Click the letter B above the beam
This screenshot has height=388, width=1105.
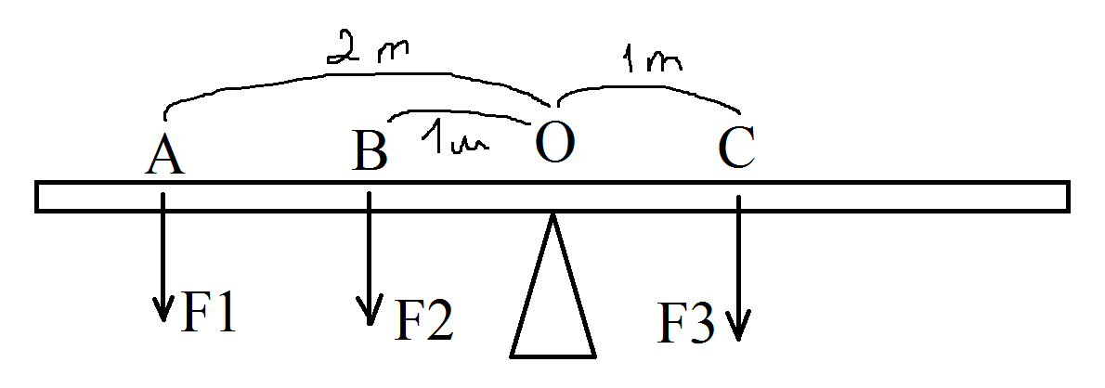tap(370, 150)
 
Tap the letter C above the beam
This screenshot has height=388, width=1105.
tap(736, 149)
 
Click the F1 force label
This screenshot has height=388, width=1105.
tap(210, 313)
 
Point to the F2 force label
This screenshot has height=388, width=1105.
tap(424, 320)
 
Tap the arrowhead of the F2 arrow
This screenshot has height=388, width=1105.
tap(370, 317)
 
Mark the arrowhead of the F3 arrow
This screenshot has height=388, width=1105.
tap(738, 330)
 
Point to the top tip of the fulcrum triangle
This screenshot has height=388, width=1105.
tap(553, 217)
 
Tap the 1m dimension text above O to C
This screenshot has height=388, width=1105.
tap(649, 62)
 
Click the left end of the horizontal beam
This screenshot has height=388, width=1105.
tap(39, 197)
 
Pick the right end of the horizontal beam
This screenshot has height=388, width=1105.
tap(1066, 197)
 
